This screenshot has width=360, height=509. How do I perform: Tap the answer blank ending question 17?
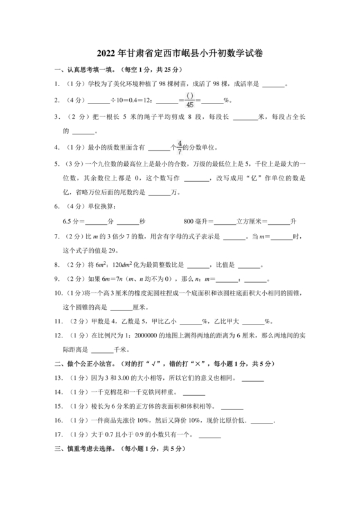[x=210, y=436]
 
